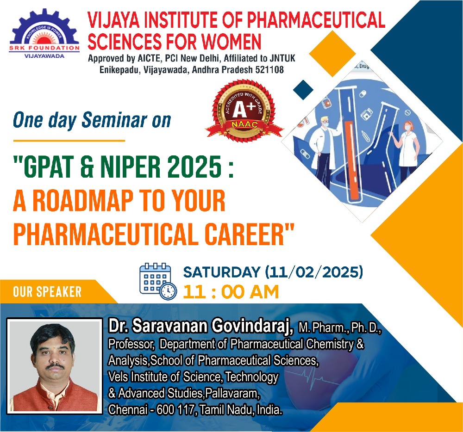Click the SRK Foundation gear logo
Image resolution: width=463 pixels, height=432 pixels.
coord(44,33)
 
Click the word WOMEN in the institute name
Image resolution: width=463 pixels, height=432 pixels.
coord(231,41)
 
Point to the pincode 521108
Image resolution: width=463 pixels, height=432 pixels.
coord(269,69)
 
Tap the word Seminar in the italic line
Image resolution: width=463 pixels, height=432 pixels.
coord(114,120)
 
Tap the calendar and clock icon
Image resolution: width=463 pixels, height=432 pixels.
coord(158,282)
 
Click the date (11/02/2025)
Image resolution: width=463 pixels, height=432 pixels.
coord(313,272)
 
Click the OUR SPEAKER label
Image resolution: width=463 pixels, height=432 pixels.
coord(47,292)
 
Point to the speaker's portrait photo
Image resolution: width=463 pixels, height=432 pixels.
coord(55,366)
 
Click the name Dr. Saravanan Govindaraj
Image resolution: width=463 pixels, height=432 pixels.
coord(201,326)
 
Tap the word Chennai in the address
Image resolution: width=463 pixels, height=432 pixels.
coord(128,409)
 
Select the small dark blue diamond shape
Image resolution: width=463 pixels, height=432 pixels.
coord(303,90)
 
